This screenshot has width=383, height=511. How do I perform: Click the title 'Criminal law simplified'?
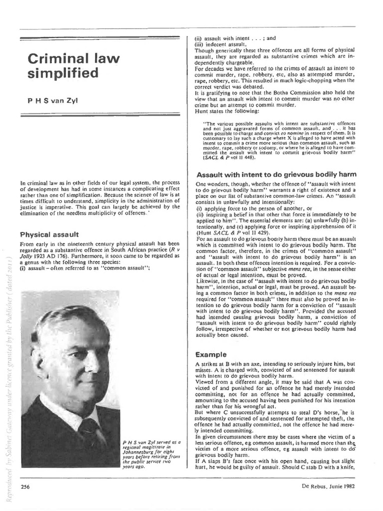click(73, 65)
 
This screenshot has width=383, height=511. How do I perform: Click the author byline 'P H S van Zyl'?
click(52, 100)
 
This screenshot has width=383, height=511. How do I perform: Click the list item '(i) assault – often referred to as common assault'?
click(84, 268)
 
